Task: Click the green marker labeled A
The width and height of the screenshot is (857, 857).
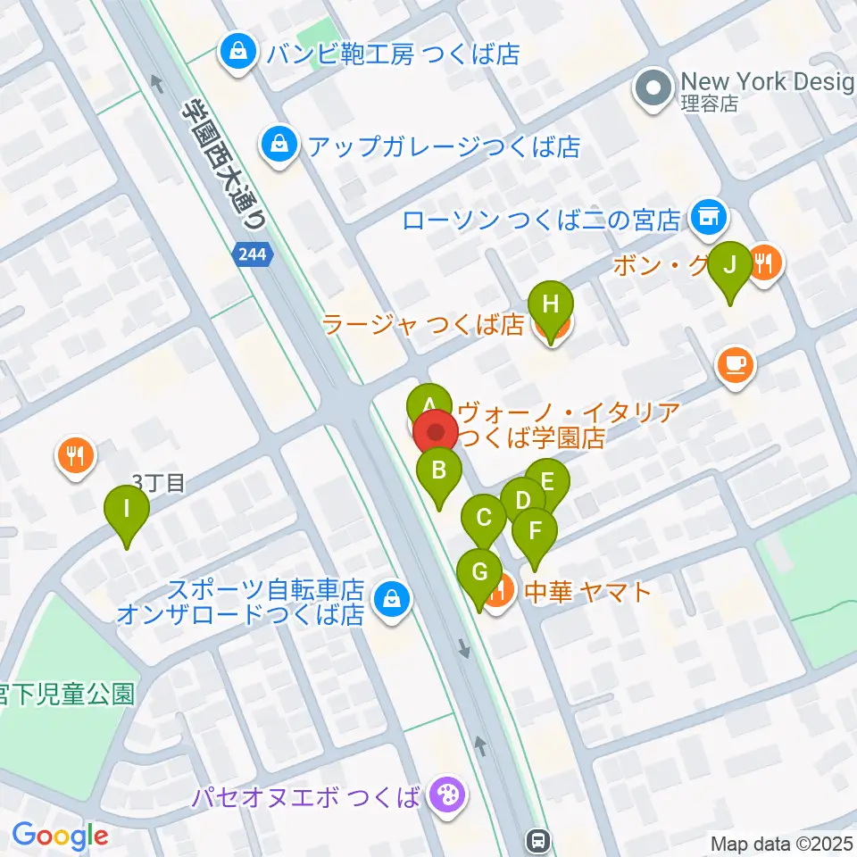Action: click(429, 401)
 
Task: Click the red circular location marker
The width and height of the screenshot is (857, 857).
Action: click(436, 434)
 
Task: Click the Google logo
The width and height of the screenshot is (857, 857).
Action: click(60, 836)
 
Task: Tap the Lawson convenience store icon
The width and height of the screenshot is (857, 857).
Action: click(711, 216)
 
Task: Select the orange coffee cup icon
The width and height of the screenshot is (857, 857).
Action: click(736, 365)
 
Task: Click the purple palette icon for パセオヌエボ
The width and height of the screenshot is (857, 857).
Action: click(443, 794)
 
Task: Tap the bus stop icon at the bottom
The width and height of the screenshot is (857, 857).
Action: click(537, 839)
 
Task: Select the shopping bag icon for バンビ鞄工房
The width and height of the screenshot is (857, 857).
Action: click(238, 53)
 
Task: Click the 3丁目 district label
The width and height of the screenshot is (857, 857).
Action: click(158, 483)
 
